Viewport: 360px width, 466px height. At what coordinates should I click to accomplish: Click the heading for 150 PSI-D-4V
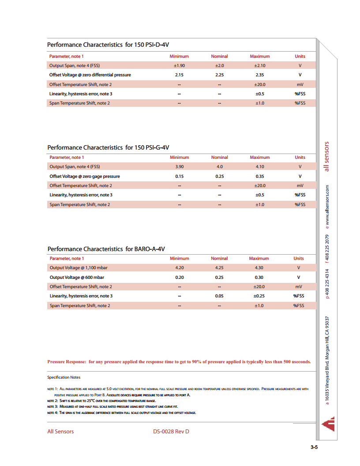[x=108, y=45]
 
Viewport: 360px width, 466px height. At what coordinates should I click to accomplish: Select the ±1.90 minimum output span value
[x=179, y=65]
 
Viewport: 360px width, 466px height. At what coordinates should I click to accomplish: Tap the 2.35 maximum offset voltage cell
[x=259, y=75]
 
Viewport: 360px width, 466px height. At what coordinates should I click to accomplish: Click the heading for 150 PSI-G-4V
[x=108, y=147]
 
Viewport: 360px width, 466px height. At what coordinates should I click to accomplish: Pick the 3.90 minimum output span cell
[x=179, y=167]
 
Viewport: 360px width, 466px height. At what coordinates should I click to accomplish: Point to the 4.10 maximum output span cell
[x=259, y=167]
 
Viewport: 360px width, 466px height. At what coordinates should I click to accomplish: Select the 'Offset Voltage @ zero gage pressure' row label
[x=85, y=177]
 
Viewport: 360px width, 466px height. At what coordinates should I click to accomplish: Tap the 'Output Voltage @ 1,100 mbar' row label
[x=79, y=268]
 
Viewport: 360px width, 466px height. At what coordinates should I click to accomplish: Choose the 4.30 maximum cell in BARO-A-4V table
[x=259, y=268]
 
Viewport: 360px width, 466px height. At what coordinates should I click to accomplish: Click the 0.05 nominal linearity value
[x=219, y=296]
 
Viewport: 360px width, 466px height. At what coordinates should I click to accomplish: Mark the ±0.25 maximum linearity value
[x=259, y=296]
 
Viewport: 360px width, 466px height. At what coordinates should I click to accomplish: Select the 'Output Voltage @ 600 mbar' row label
[x=77, y=277]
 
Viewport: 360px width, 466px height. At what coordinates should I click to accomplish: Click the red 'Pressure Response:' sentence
[x=179, y=362]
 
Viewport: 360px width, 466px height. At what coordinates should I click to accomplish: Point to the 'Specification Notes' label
[x=64, y=377]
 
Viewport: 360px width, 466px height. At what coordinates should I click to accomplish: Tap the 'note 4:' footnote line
[x=121, y=413]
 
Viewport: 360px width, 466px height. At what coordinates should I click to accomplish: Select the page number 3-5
[x=314, y=447]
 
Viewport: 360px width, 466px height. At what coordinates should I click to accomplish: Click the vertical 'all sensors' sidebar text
[x=327, y=157]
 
